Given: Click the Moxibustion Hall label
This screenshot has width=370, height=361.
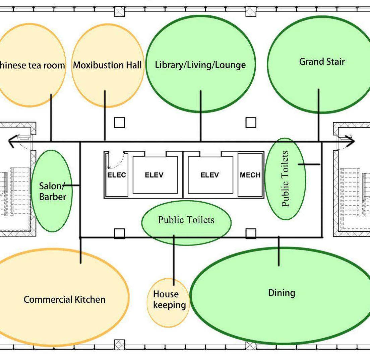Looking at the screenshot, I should tap(107, 65).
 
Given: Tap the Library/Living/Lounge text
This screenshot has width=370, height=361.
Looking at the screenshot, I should tap(200, 65).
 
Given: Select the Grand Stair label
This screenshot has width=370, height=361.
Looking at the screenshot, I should tap(322, 62).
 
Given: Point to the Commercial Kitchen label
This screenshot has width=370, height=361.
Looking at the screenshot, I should tap(64, 299).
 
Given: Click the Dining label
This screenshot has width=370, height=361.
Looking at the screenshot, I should tap(282, 293).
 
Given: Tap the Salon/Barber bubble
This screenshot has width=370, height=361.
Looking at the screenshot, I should tap(52, 191).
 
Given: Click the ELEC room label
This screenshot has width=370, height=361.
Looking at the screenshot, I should tap(117, 175).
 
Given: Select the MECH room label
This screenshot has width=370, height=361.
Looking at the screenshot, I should tap(250, 175).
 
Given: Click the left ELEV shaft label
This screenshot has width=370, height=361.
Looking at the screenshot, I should tap(154, 175).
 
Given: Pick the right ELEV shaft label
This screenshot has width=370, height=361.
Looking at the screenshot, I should tap(209, 175).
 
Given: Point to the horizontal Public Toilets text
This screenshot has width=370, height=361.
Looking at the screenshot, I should tap(186, 220).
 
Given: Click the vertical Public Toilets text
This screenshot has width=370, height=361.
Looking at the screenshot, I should tap(285, 179).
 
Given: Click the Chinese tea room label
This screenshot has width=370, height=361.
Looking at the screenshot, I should tap(32, 65).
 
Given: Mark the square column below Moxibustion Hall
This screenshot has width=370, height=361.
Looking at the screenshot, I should tap(119, 123).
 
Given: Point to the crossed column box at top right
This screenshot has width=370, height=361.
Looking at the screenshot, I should tap(251, 11).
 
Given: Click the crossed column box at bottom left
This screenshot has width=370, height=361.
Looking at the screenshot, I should tap(119, 345).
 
